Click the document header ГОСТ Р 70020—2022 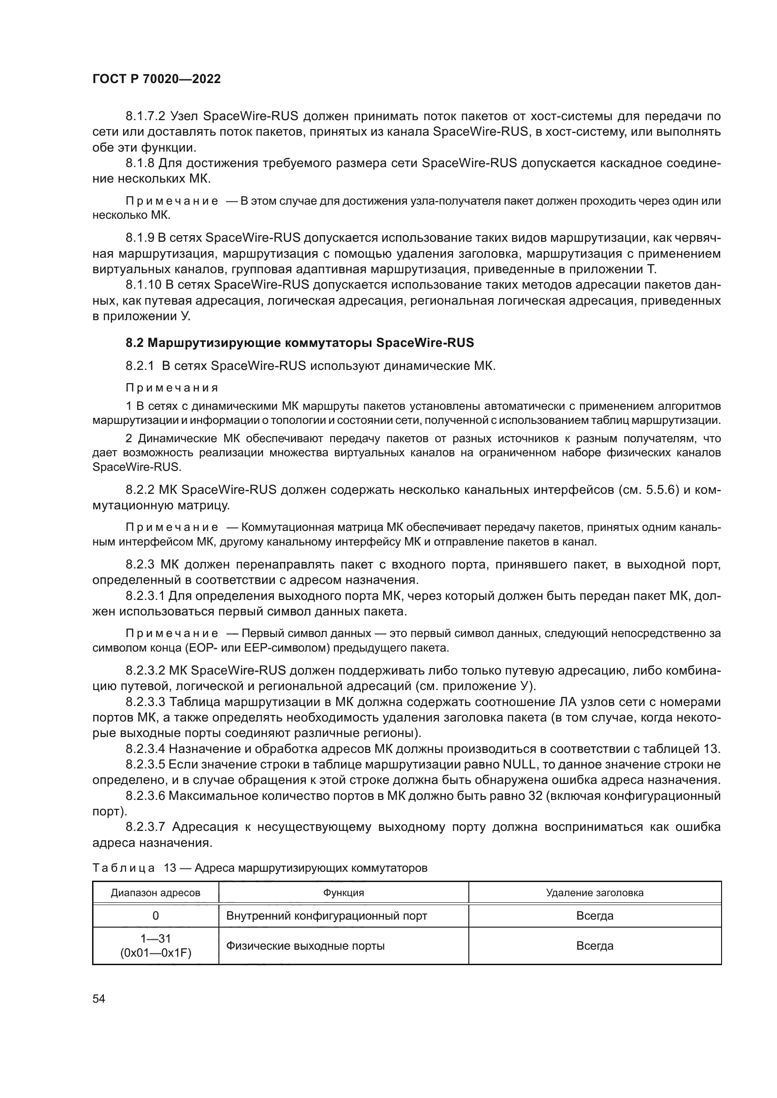(156, 79)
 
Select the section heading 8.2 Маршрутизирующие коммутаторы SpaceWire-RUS (300, 342)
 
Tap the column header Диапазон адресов (155, 892)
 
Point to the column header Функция (343, 892)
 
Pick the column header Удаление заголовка (594, 892)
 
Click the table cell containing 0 (155, 915)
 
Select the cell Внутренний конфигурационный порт (326, 915)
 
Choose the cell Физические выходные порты (305, 945)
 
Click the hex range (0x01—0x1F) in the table (155, 953)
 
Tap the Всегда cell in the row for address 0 (594, 915)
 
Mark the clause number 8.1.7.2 (145, 116)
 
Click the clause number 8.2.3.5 (145, 764)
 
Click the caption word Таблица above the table (124, 868)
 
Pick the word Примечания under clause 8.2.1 (172, 387)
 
